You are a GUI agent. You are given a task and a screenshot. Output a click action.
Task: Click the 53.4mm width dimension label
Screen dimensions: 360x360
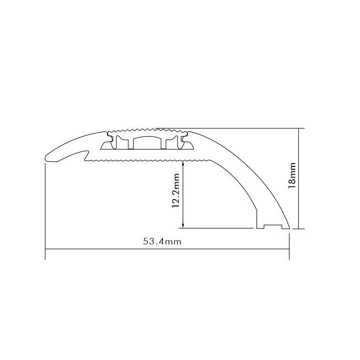[x=162, y=241]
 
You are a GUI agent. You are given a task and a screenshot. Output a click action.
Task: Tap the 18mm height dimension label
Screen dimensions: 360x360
[x=292, y=175]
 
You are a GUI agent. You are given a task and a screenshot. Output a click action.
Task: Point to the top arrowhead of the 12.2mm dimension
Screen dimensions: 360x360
[x=183, y=164]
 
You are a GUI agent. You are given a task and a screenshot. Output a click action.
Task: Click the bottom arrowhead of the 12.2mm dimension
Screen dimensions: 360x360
[x=183, y=226]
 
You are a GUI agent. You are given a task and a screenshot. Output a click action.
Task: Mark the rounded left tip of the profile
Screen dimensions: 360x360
[x=46, y=158]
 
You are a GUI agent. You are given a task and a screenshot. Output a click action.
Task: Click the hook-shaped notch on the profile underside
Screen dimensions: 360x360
[x=86, y=155]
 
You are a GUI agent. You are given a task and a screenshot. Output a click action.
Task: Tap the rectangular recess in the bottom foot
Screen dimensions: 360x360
[x=272, y=226]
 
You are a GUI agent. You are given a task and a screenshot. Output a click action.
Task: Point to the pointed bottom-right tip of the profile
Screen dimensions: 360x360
[x=290, y=228]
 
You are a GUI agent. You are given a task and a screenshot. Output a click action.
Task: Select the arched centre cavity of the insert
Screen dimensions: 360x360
[x=147, y=142]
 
